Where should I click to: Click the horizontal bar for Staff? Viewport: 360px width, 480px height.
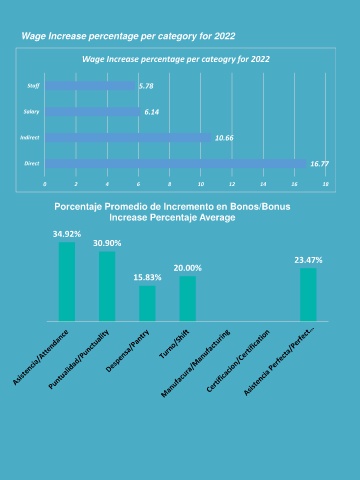coord(90,86)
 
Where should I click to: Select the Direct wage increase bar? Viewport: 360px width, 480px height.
coord(176,164)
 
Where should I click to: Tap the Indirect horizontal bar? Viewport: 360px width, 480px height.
coord(128,138)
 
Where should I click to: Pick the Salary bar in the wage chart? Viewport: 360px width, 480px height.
coord(93,112)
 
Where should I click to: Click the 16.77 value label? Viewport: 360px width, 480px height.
coord(319,164)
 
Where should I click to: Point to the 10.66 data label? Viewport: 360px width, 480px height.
coord(224,138)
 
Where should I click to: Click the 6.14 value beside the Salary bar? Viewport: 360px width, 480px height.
coord(152,112)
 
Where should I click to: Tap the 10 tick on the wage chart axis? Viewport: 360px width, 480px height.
coord(201,184)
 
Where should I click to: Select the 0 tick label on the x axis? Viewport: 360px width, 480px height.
coord(45,184)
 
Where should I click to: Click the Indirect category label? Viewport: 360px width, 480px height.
coord(29,137)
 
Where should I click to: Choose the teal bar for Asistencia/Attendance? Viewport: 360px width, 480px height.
coord(67,282)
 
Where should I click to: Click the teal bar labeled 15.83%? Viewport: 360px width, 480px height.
coord(147,303)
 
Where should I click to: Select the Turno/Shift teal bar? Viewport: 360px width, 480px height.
coord(188,299)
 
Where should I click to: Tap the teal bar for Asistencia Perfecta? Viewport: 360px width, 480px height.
coord(308,295)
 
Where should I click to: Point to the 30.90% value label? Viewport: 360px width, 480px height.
coord(107,243)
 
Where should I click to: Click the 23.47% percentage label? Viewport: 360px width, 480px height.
coord(308,260)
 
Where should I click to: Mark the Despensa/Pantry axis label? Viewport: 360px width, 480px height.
coord(127,351)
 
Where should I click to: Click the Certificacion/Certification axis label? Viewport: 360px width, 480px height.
coord(238,361)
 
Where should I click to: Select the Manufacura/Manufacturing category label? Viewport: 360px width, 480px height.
coord(195,363)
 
